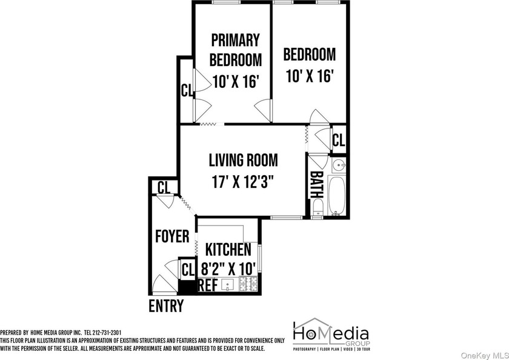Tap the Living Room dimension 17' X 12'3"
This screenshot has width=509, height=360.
tap(243, 182)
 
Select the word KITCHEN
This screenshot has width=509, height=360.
tap(228, 249)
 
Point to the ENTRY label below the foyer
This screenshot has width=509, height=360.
tap(166, 305)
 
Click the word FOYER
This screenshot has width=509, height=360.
tap(172, 236)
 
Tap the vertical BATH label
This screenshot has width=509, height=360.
tap(316, 184)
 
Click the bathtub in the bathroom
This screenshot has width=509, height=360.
tap(337, 195)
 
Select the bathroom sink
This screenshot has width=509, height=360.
tap(339, 165)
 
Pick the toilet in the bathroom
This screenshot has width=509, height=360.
tap(317, 207)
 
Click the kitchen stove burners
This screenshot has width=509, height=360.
tap(248, 284)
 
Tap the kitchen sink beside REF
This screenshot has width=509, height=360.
tap(228, 285)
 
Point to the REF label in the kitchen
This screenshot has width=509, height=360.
tap(208, 285)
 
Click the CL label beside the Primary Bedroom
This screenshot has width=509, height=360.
tap(187, 90)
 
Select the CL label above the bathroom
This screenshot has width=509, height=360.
tap(339, 140)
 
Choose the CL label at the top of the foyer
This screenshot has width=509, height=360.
tap(164, 187)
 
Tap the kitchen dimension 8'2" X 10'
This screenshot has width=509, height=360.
tap(228, 268)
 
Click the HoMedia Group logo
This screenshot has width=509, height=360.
tap(331, 335)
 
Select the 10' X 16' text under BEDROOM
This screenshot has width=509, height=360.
tap(310, 76)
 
